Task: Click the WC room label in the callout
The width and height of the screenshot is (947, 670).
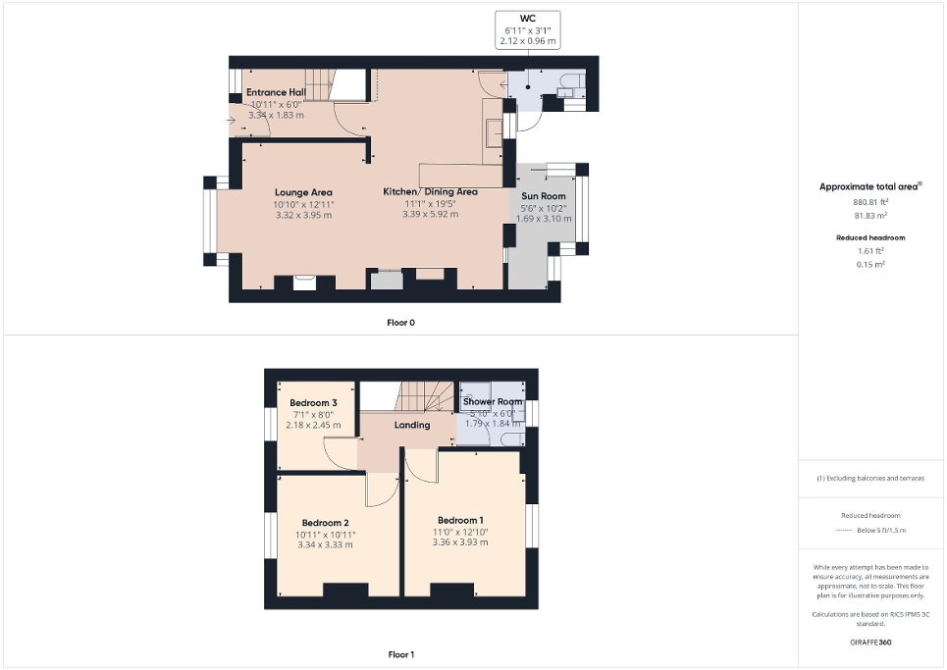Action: (x=528, y=18)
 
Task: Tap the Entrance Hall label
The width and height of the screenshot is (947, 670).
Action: (x=276, y=92)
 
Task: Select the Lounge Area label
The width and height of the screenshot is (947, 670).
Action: (x=303, y=192)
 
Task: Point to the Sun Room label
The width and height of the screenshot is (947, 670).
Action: (x=543, y=196)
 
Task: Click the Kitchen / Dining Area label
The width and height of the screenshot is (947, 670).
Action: (x=430, y=191)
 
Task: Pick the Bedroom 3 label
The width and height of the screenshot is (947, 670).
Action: (x=314, y=403)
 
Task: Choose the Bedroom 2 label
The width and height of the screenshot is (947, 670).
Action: (x=326, y=523)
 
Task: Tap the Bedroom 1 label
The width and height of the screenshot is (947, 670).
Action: (x=460, y=520)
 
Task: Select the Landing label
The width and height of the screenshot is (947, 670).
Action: (x=412, y=425)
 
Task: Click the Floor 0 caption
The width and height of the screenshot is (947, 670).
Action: (x=401, y=322)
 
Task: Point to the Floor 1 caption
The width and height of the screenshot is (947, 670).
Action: (x=401, y=654)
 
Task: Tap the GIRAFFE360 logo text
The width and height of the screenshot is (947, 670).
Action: (x=872, y=643)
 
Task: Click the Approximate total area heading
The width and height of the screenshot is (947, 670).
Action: (x=870, y=186)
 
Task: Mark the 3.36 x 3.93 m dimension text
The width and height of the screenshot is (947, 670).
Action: (x=460, y=542)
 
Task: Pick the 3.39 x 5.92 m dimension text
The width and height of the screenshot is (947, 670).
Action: (x=430, y=214)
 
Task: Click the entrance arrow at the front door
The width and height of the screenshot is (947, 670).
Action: (x=231, y=122)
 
